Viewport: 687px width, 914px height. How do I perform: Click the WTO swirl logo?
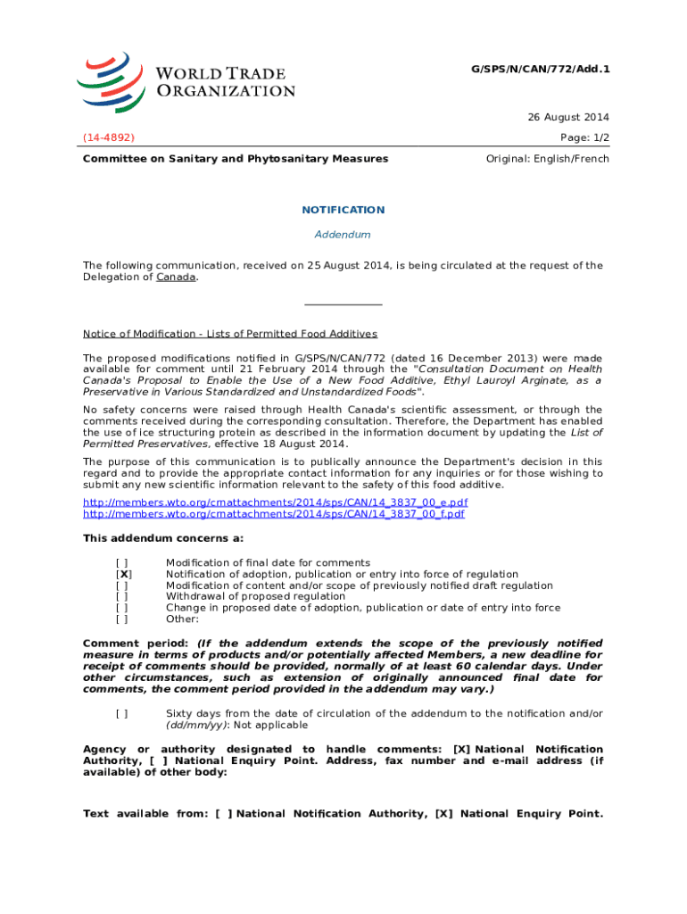(111, 81)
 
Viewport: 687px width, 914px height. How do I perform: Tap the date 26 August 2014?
(569, 118)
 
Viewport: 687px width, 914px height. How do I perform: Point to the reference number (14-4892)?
(109, 138)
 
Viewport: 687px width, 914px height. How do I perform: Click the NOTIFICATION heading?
(343, 210)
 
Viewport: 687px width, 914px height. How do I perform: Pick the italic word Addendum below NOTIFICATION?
(343, 234)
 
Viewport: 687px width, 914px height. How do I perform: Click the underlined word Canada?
(176, 277)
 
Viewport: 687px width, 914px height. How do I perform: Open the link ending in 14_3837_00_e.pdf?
(274, 503)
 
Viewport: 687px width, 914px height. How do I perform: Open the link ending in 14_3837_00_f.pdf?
(273, 514)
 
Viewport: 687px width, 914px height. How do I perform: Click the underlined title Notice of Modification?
(230, 334)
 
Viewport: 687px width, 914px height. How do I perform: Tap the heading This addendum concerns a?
(163, 538)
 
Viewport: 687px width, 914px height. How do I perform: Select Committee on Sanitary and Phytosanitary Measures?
(236, 159)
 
